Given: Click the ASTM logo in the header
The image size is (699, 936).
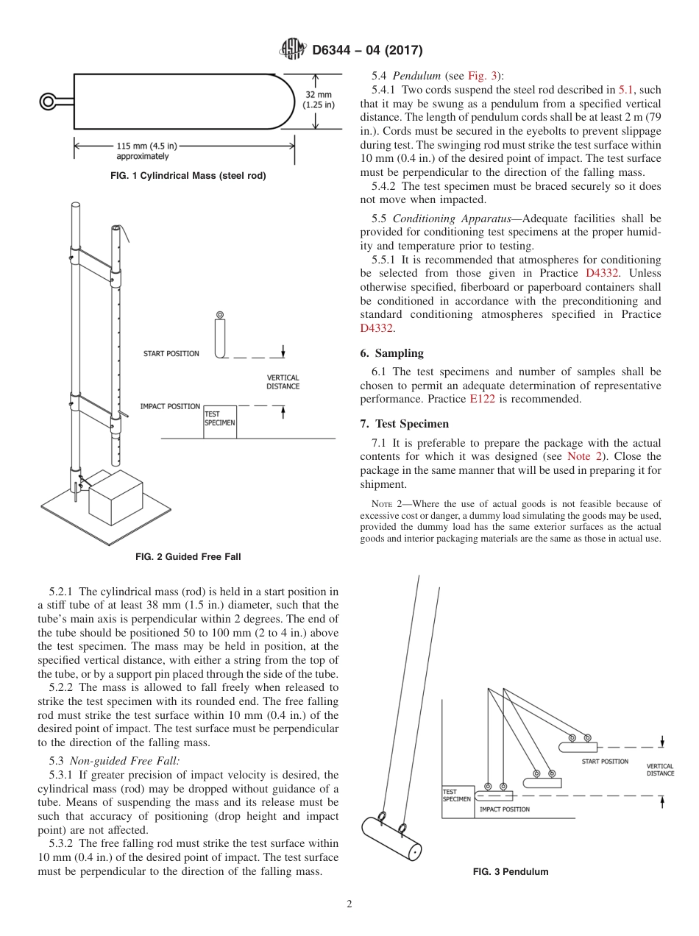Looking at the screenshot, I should tap(293, 50).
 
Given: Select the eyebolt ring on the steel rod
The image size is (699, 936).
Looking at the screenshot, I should tap(49, 102).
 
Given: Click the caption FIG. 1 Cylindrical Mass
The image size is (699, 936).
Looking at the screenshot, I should tap(188, 176).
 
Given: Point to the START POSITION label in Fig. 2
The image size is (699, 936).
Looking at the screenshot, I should tap(171, 354).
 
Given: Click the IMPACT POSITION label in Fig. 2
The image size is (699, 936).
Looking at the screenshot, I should tap(170, 406).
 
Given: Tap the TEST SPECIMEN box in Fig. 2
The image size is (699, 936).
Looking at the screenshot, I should tap(220, 422).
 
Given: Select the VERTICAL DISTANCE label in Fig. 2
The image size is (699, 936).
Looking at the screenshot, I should tap(283, 382).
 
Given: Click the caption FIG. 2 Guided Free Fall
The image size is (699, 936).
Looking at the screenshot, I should tap(188, 557).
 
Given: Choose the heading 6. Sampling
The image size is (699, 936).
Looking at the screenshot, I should tap(391, 353).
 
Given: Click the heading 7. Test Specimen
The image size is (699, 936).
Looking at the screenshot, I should tap(404, 424).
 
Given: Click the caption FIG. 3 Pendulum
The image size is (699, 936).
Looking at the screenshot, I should tap(510, 872).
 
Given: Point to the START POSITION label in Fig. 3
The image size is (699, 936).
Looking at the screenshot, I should tap(605, 762).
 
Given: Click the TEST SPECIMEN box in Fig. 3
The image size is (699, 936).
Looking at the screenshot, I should tap(456, 796).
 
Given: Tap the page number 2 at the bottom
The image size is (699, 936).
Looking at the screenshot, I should tap(349, 904).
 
